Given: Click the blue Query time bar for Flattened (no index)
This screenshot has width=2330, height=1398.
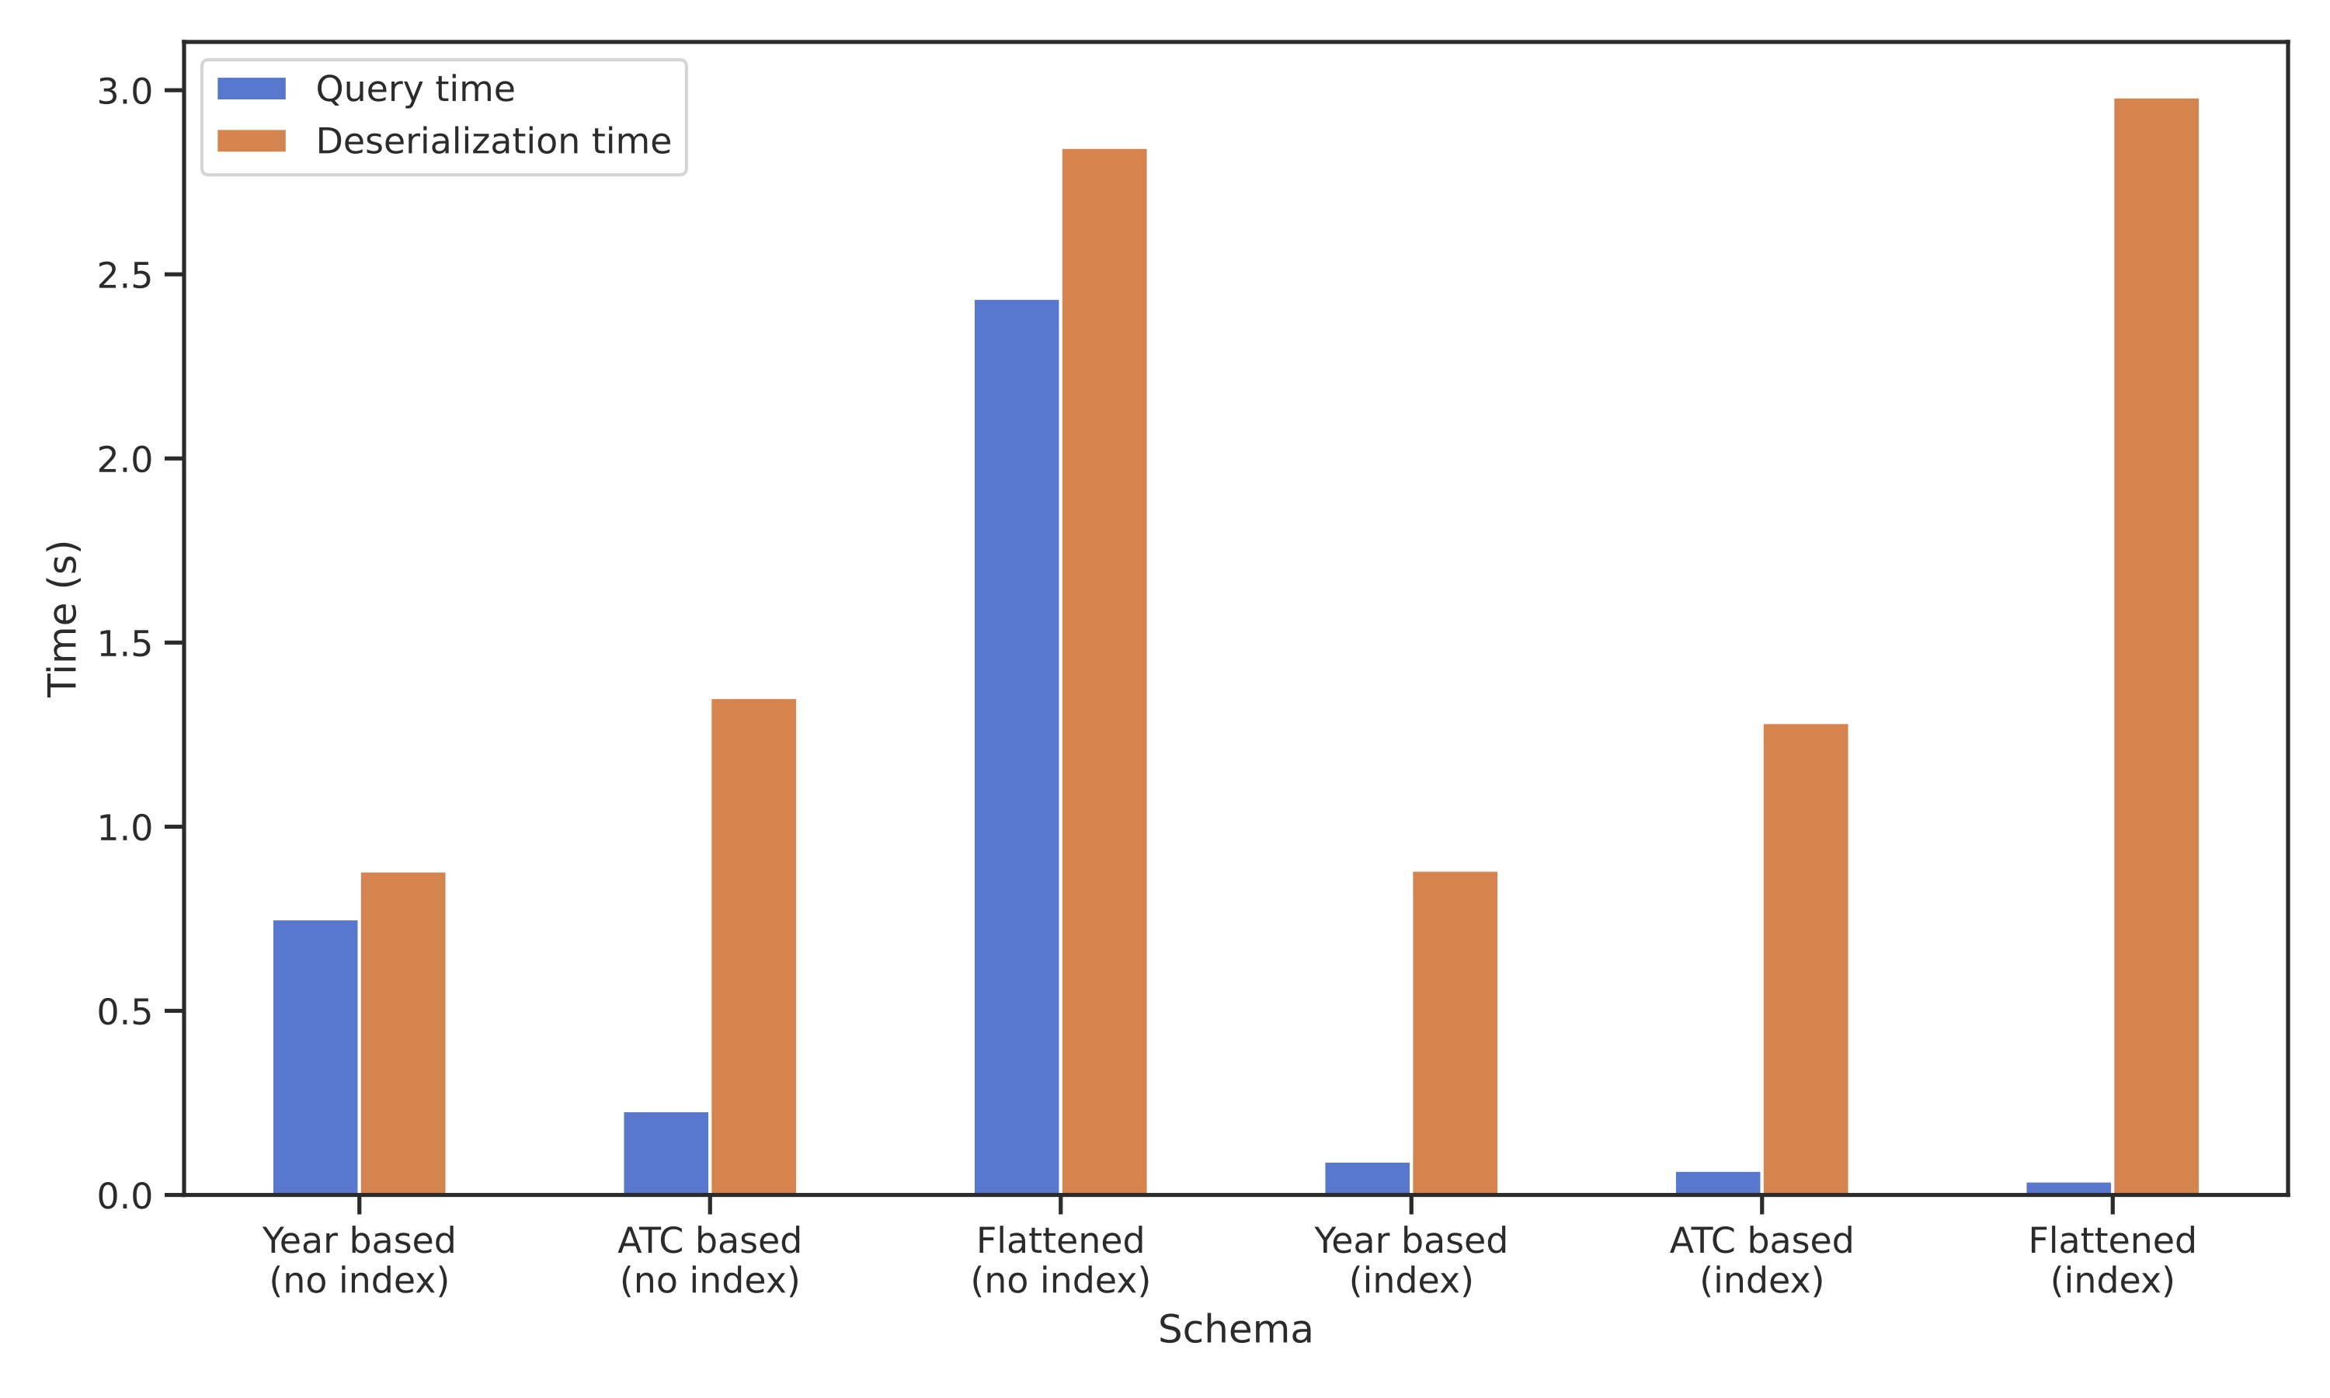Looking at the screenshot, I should click(1016, 747).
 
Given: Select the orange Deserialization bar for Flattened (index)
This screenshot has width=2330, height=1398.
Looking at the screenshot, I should click(2156, 646).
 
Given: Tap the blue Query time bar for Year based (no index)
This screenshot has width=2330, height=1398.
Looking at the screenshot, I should click(315, 1057).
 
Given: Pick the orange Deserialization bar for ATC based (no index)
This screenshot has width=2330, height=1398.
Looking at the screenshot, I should click(753, 947).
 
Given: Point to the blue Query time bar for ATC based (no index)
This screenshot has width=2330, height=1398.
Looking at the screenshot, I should click(666, 1153).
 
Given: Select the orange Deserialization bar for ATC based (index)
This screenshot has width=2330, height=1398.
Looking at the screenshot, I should click(1806, 959).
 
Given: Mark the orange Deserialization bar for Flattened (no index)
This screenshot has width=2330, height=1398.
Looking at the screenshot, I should click(1104, 672).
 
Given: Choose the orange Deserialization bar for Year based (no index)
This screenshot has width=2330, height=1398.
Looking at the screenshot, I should click(403, 1034).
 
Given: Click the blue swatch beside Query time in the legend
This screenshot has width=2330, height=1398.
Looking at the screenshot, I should click(252, 89).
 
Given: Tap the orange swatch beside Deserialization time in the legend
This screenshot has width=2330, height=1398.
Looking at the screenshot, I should click(252, 141).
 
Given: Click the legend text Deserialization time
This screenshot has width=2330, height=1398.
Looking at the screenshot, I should click(493, 141).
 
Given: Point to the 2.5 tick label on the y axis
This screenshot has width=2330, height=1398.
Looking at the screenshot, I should click(124, 275).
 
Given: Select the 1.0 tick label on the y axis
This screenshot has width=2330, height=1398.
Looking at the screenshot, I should click(124, 828).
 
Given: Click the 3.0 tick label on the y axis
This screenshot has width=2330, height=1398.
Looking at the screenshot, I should click(124, 92).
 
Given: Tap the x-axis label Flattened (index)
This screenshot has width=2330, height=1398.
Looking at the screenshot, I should click(2113, 1261).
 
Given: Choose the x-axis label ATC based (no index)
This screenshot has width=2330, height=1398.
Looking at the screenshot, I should click(709, 1261).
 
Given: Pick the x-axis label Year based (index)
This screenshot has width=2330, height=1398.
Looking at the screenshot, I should click(1410, 1261).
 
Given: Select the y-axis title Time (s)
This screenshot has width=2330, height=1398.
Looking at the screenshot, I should click(63, 619).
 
